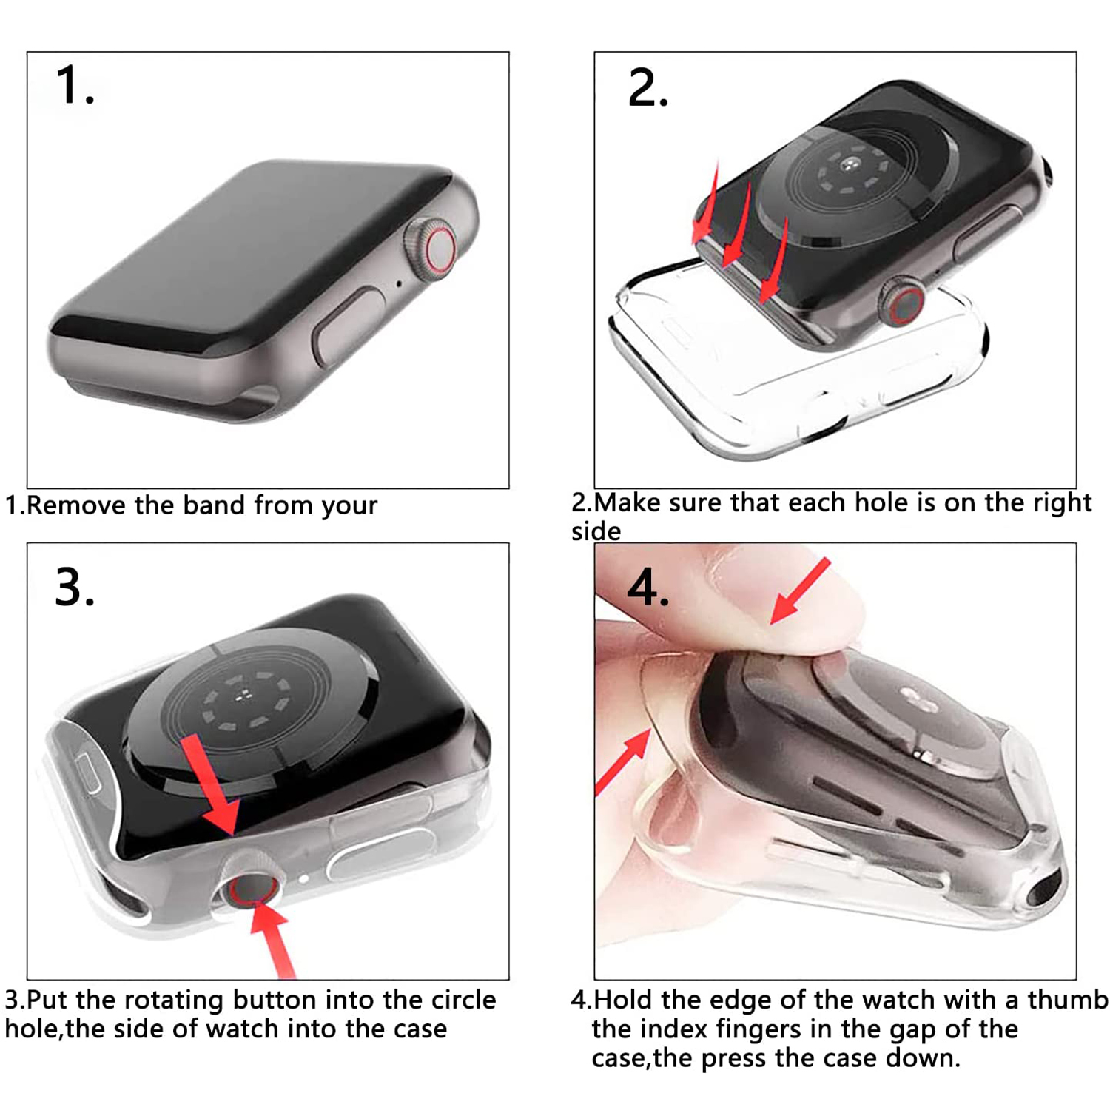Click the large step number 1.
click(x=75, y=85)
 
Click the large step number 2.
click(x=648, y=88)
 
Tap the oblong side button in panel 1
click(x=347, y=326)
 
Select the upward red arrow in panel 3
click(x=275, y=939)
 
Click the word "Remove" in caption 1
click(x=77, y=505)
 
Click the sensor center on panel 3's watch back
click(x=243, y=696)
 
